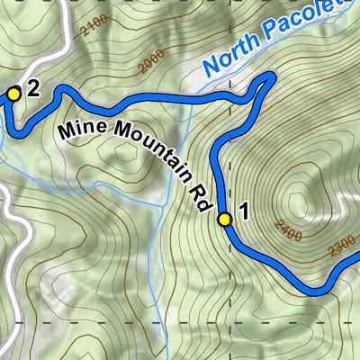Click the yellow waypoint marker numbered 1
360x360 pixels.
pyautogui.click(x=225, y=218)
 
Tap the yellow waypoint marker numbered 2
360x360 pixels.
pyautogui.click(x=13, y=93)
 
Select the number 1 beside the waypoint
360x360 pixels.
pyautogui.click(x=242, y=214)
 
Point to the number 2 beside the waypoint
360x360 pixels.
pyautogui.click(x=33, y=88)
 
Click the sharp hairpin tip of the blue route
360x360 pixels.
pyautogui.click(x=270, y=79)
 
